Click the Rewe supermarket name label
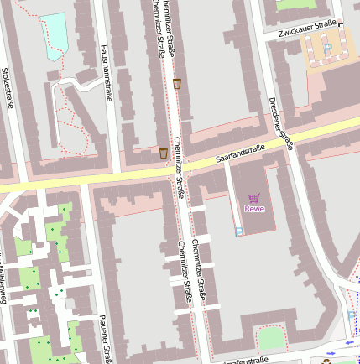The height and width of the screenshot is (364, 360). coord(253,208)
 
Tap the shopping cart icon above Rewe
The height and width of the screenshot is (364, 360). coord(253,197)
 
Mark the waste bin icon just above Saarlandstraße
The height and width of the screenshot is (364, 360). coord(163,153)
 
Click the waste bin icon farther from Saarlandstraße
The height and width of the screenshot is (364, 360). coord(176,83)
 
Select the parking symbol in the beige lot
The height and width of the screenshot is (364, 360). coord(326,49)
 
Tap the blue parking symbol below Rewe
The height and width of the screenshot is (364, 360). coord(239,231)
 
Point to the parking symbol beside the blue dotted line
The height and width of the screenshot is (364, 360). coord(351,316)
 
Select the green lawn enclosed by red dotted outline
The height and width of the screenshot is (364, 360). coord(270,338)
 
